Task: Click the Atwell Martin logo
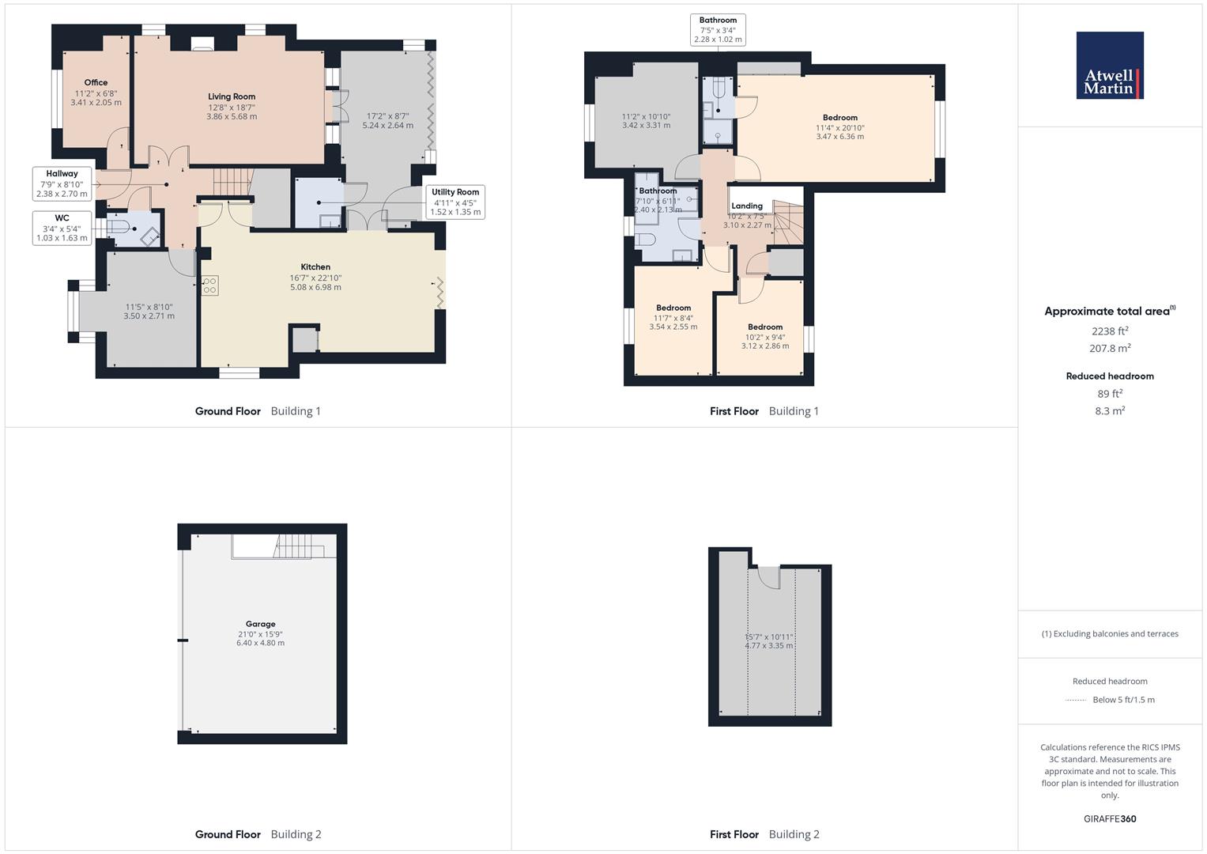[1110, 66]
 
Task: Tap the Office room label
[96, 82]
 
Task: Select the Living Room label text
[232, 96]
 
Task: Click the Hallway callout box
[62, 183]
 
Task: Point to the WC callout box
[62, 228]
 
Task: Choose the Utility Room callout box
[455, 202]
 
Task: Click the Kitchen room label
[315, 267]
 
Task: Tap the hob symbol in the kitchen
[209, 285]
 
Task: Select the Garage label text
[260, 624]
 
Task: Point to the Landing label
[747, 206]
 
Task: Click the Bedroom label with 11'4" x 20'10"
[839, 118]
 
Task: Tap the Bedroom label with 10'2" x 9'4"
[765, 327]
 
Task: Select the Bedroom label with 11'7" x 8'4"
[673, 308]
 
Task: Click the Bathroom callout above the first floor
[718, 30]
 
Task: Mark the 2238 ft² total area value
[1110, 331]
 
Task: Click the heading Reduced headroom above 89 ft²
[1110, 376]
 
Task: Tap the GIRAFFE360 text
[1110, 818]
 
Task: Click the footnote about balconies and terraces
[1110, 633]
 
